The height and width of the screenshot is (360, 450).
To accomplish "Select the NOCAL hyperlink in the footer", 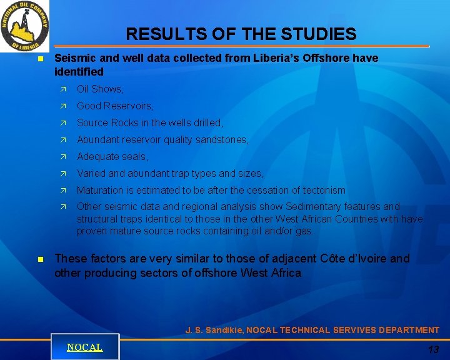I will (x=85, y=347).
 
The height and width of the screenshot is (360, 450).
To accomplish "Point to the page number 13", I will (x=433, y=349).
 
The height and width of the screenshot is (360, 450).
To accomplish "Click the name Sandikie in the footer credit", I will (x=223, y=330).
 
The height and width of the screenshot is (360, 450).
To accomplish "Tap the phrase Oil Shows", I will (x=100, y=89).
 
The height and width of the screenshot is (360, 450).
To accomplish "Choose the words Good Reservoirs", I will (x=115, y=106).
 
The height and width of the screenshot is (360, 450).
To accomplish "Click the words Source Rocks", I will (x=106, y=123).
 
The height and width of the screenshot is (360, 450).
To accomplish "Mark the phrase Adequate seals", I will (x=112, y=157).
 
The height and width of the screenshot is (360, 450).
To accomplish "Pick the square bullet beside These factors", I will (x=40, y=258).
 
